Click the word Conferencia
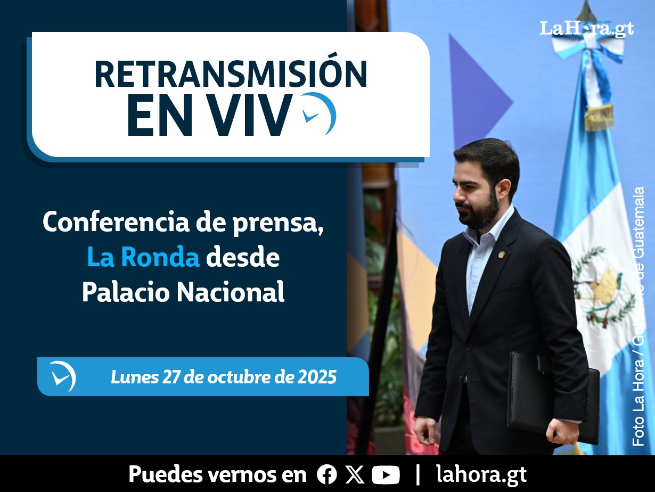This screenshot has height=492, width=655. [x=116, y=222]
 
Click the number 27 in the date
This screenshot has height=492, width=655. [x=171, y=377]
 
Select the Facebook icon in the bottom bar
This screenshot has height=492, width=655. [x=327, y=474]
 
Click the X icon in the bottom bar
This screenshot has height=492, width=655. [x=355, y=474]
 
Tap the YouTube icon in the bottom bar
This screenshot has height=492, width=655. [x=386, y=474]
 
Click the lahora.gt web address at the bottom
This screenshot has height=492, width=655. [x=481, y=474]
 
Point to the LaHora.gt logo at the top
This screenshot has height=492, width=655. [x=587, y=29]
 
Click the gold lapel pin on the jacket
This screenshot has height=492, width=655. [x=501, y=254]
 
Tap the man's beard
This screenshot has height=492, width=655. [x=480, y=210]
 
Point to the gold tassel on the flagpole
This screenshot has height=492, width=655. [x=599, y=117]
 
